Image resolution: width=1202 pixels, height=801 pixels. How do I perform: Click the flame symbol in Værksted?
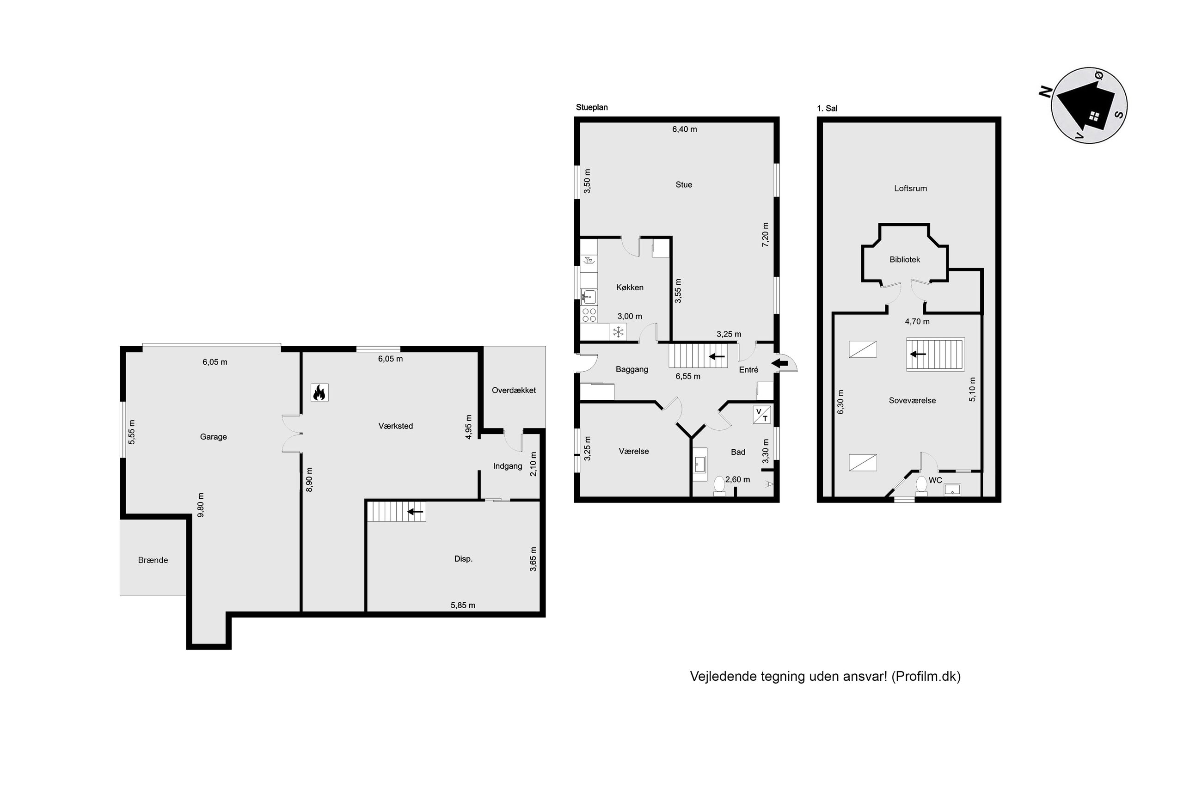coord(319,392)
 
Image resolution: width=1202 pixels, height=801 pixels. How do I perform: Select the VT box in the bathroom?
coord(762,415)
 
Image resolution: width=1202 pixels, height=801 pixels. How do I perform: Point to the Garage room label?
coord(213,437)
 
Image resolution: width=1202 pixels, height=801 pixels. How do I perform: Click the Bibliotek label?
coord(904,259)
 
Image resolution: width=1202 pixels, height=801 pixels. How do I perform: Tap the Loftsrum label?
coord(910,189)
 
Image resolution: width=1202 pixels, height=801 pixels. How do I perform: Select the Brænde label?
coord(153,560)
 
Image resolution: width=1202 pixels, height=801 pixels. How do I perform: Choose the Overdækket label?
coord(513,390)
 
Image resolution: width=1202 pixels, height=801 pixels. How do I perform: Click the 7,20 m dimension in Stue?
coord(765,235)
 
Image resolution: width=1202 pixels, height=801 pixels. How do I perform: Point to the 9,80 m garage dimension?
coord(201,505)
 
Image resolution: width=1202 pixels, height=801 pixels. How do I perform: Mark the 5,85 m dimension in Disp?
coord(463,605)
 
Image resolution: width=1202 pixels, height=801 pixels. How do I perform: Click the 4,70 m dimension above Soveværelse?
coord(917,322)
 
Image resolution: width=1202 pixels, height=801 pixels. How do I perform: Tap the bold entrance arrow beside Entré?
coord(779,364)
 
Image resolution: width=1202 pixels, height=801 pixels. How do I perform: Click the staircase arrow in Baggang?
coord(717,356)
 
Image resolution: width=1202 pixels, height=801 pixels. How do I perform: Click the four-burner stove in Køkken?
coord(589,315)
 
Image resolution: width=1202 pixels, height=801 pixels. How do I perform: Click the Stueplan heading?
coord(592,108)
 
